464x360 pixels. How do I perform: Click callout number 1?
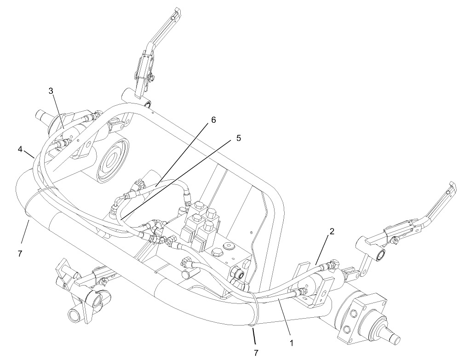pyautogui.click(x=292, y=343)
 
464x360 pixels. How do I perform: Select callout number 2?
pyautogui.click(x=332, y=231)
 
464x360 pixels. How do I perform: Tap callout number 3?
pyautogui.click(x=51, y=91)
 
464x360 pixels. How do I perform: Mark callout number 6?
pyautogui.click(x=213, y=120)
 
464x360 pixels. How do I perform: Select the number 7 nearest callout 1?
pyautogui.click(x=256, y=352)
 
